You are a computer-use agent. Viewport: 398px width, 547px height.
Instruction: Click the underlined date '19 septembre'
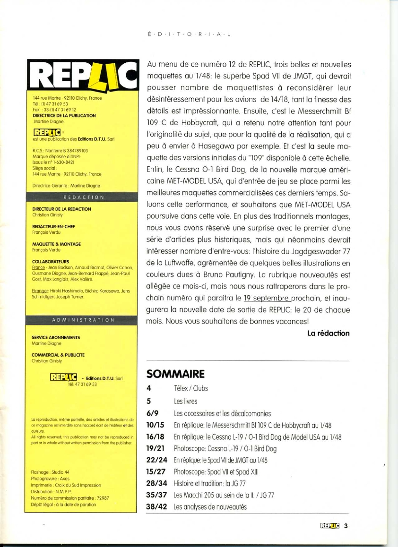268,299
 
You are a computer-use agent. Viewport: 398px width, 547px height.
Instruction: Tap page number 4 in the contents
149,388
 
